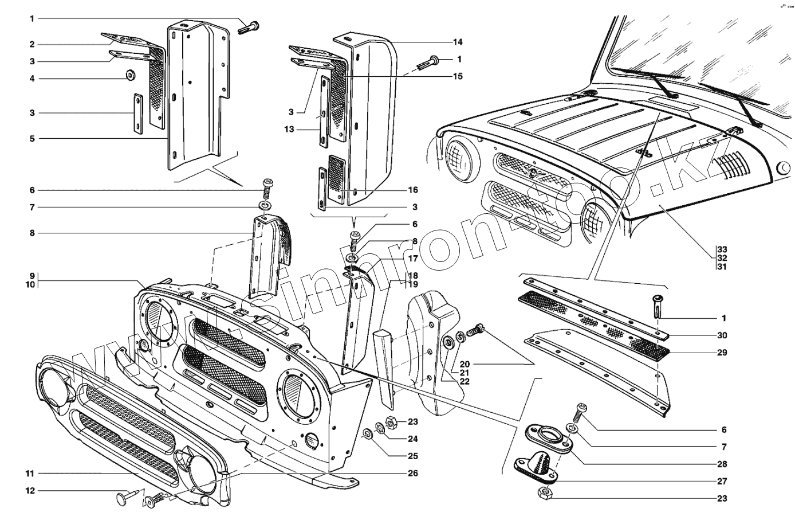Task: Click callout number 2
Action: tap(33, 44)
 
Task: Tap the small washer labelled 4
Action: tap(130, 75)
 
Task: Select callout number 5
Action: tap(33, 139)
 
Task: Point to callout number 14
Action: tap(458, 42)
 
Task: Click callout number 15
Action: tap(458, 76)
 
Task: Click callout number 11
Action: tap(29, 474)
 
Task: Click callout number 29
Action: tap(722, 353)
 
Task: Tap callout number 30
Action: tap(722, 335)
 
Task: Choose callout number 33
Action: tap(722, 249)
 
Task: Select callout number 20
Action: tap(464, 364)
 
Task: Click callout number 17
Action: tap(414, 259)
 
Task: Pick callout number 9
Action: tap(33, 275)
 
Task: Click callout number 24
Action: tap(414, 439)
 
